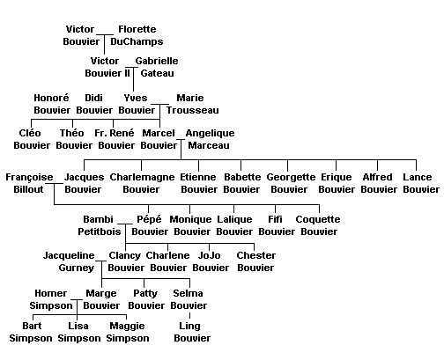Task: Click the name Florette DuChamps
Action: point(137,35)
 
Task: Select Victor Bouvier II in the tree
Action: point(107,67)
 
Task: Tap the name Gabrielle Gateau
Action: point(157,67)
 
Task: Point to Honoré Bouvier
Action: point(52,104)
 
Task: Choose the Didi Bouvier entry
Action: point(94,104)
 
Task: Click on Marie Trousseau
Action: point(192,104)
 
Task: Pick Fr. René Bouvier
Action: point(116,139)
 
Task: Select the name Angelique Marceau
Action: point(210,139)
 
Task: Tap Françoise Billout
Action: point(29,183)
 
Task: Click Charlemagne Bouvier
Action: point(142,183)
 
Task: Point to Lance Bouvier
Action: point(421,183)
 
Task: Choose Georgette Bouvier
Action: point(291,183)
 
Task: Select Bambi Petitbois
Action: point(100,225)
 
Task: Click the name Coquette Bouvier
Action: point(318,225)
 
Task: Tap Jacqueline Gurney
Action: point(69,261)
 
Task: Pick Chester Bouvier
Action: point(255,261)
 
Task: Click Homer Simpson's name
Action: point(51,299)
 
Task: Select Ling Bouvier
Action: point(192,332)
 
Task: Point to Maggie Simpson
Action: point(128,332)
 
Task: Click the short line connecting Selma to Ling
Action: point(189,316)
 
